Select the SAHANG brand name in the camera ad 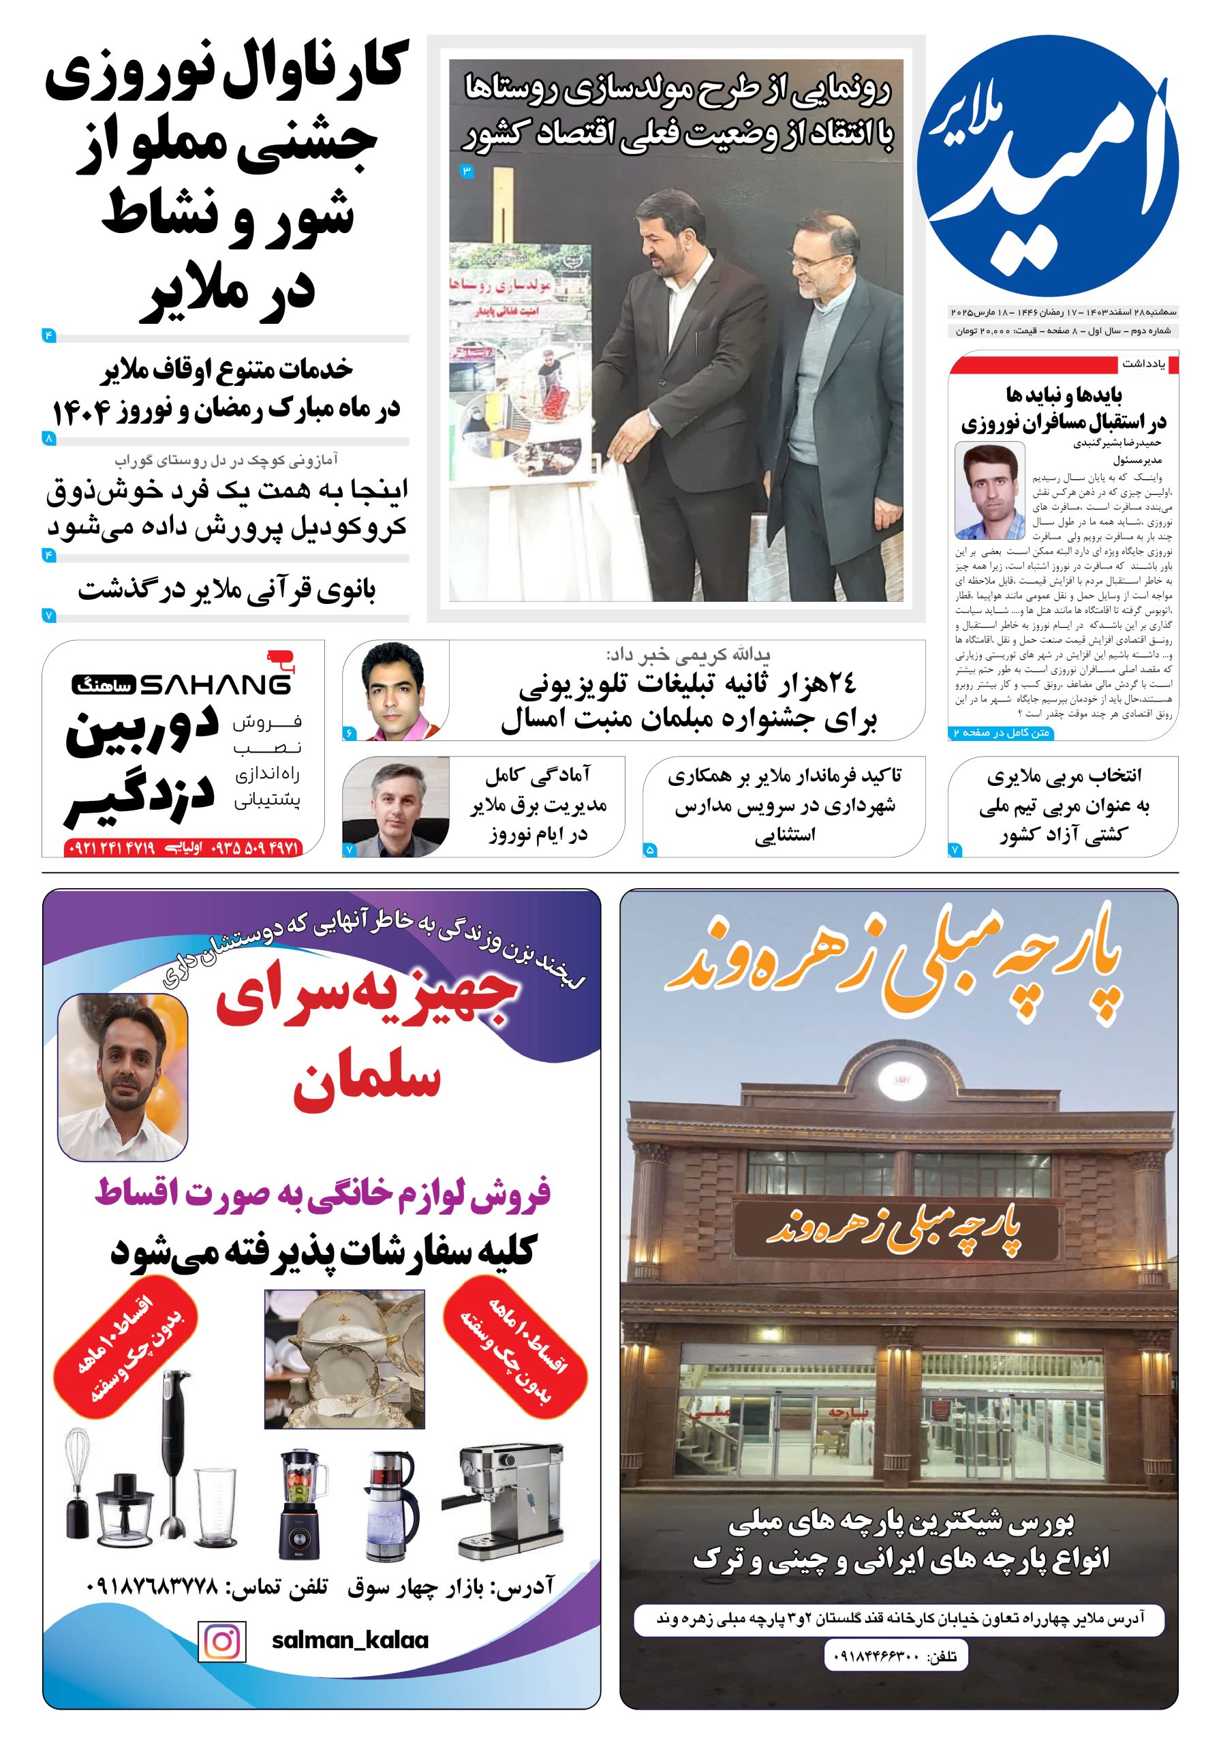pyautogui.click(x=215, y=686)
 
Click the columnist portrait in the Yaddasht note pyautogui.click(x=989, y=490)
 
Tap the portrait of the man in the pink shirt pyautogui.click(x=396, y=690)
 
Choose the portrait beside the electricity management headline pyautogui.click(x=395, y=807)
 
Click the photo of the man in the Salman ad pyautogui.click(x=123, y=1077)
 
